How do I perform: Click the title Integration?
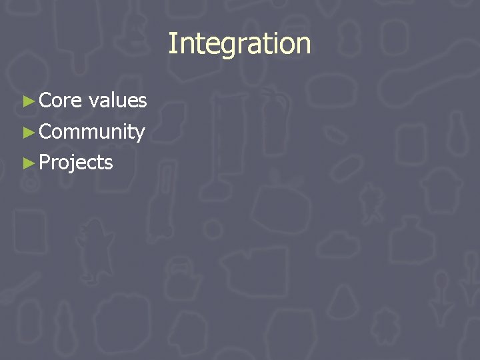point(239,44)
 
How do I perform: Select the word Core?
point(61,101)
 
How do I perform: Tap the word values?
point(117,101)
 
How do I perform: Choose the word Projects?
point(76,163)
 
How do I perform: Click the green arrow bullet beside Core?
point(27,101)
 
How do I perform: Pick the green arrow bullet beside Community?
point(27,132)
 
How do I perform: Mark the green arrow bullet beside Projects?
point(27,162)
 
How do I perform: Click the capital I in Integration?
point(172,44)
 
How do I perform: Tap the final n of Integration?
point(303,45)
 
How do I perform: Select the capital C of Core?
point(46,101)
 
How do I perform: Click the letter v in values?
point(94,102)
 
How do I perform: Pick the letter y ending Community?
point(139,134)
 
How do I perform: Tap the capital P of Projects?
point(45,162)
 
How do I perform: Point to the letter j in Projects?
point(73,164)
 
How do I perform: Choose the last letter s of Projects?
point(109,163)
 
